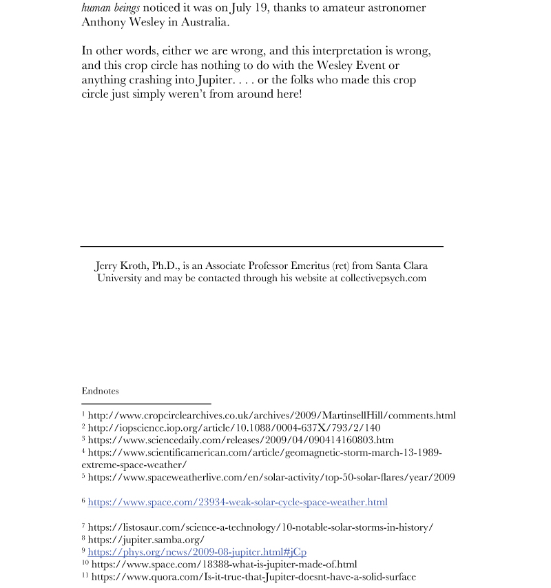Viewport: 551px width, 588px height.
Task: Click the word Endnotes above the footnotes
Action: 100,391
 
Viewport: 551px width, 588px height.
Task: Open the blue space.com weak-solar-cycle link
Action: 238,502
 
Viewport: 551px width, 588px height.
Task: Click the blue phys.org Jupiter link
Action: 197,552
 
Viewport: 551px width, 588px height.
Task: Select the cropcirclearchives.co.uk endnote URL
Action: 271,416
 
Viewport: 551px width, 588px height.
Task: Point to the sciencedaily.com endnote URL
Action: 241,440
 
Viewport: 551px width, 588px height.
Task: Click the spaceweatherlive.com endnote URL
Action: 271,477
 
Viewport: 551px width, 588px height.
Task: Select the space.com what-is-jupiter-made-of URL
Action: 225,565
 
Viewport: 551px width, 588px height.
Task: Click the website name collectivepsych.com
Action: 383,278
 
